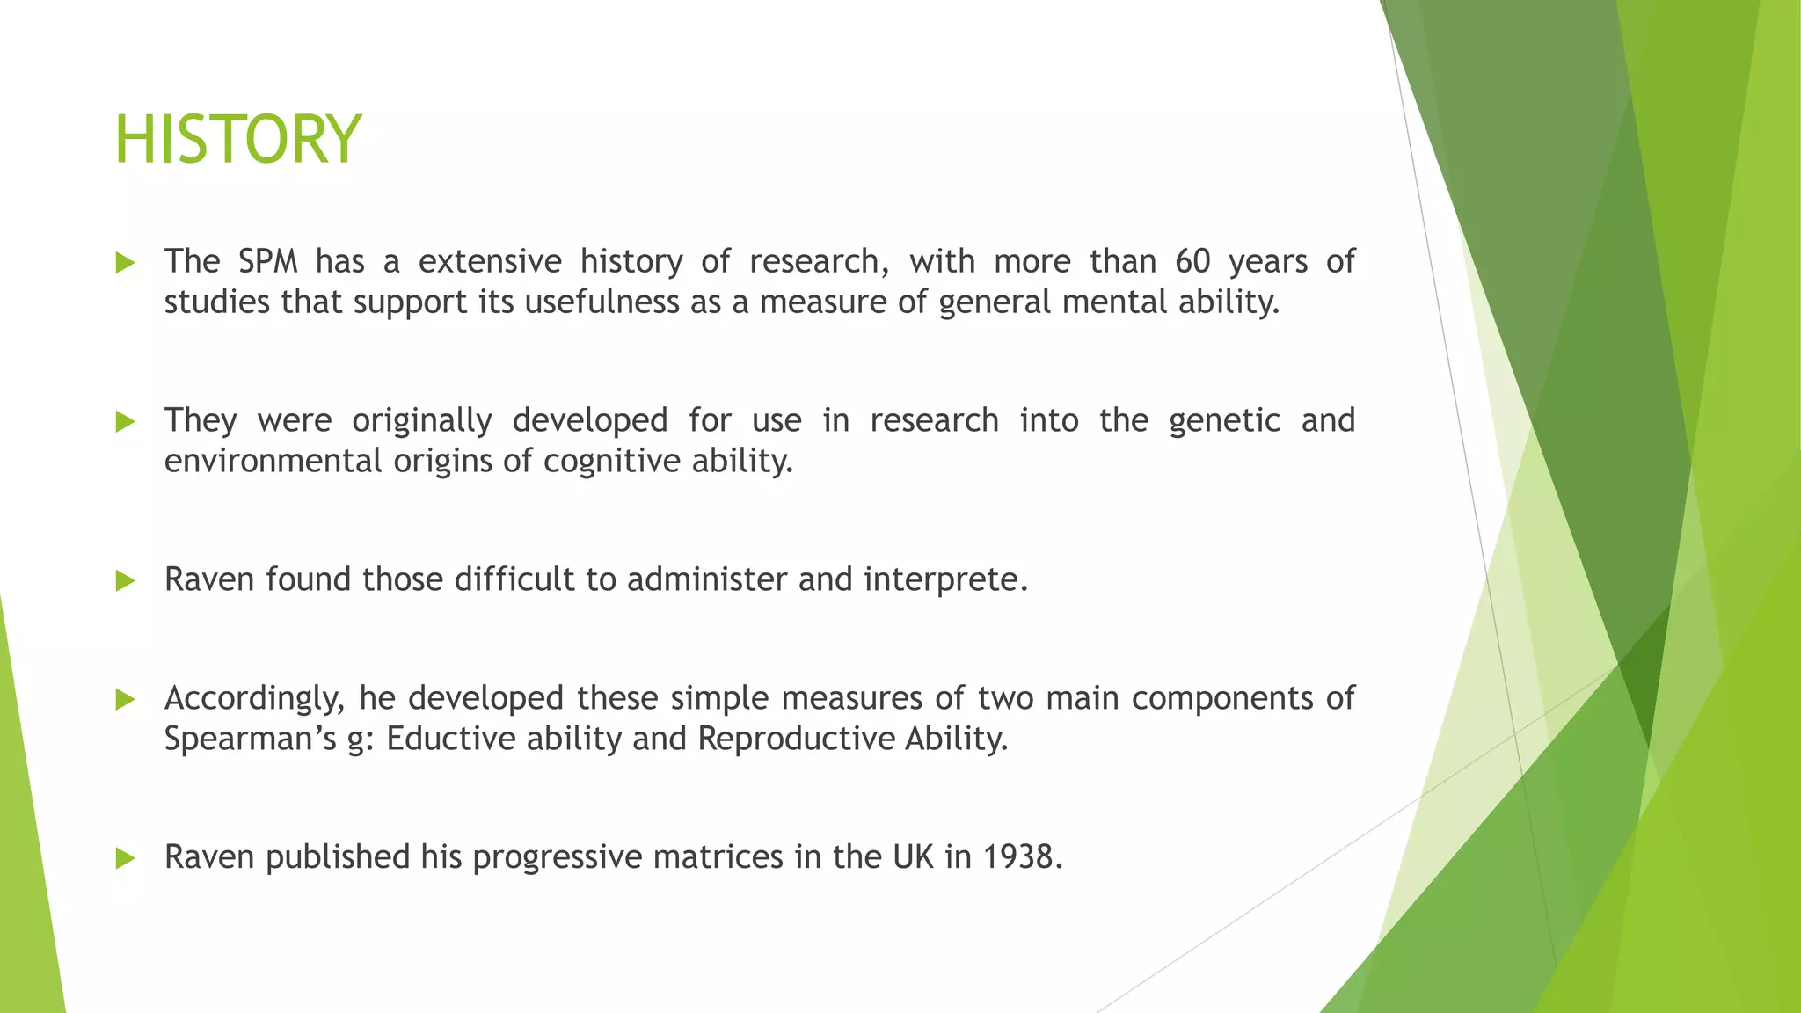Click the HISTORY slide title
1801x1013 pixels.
237,140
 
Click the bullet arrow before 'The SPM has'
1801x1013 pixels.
125,263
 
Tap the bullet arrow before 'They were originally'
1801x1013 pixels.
125,422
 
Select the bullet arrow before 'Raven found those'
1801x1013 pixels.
125,580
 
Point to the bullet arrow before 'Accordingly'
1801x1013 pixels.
125,700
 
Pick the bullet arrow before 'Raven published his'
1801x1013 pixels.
125,858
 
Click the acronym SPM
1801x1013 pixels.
267,262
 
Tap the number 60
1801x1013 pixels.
1192,262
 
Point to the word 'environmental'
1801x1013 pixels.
273,461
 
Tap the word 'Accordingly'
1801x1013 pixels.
252,699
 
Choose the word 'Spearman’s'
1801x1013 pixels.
251,739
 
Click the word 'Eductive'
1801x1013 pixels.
451,739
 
